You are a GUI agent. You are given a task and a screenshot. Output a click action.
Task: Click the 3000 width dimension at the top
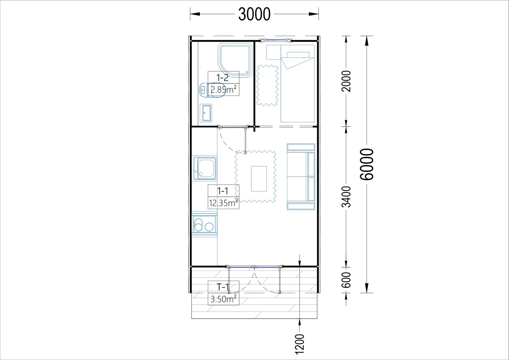point(254,14)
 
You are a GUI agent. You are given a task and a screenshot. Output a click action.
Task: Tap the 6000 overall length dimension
point(366,164)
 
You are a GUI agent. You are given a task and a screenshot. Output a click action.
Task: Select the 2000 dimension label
point(346,81)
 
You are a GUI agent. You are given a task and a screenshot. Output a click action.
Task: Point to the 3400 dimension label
point(346,197)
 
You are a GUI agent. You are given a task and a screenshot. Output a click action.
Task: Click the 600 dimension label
point(346,280)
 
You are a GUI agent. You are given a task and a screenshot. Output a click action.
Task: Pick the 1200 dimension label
point(299,344)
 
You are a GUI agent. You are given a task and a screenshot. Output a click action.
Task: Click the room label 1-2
point(222,78)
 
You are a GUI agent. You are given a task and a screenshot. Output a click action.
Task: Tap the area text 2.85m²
point(223,89)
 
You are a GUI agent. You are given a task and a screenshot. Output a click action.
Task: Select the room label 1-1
point(222,191)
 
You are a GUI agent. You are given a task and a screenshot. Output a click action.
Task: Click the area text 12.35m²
point(224,203)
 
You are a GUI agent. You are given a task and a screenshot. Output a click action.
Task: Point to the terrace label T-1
point(222,287)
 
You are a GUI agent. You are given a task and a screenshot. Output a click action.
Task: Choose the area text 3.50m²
point(223,299)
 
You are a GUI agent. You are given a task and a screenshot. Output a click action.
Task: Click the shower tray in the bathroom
point(235,60)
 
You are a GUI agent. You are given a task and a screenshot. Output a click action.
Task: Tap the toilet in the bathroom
point(212,90)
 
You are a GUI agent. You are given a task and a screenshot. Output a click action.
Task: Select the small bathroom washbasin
point(206,113)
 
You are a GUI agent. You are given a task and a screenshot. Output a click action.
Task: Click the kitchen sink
point(205,168)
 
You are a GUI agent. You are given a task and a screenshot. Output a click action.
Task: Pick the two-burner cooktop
point(204,224)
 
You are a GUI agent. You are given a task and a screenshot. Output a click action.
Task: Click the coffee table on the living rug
point(259,179)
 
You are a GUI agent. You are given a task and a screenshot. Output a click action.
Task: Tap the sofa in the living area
point(301,177)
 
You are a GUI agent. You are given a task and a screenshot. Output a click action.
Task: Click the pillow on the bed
point(298,55)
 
